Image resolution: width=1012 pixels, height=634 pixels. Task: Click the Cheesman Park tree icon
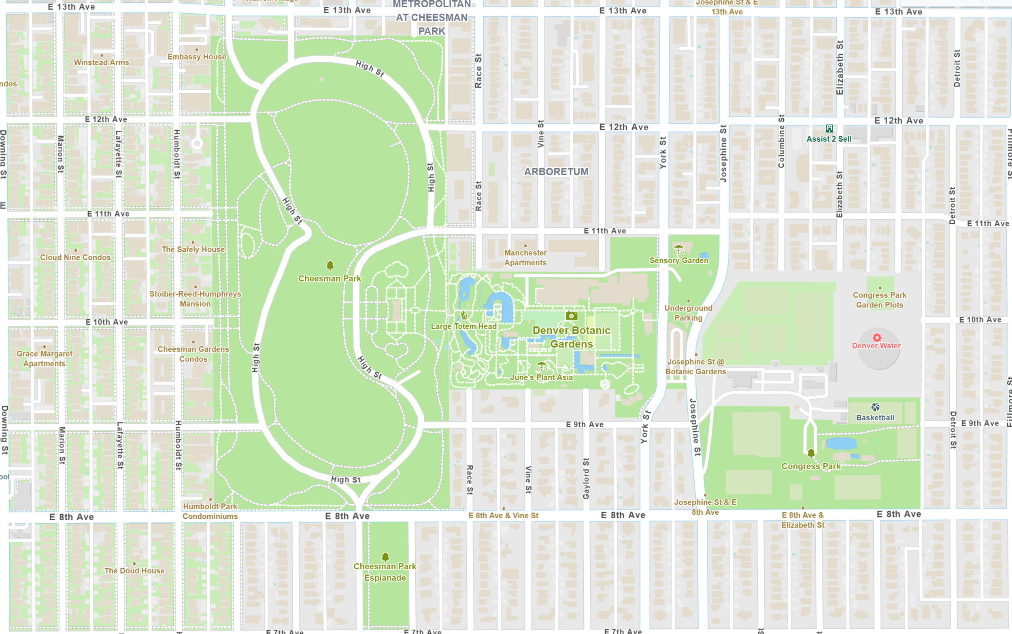(x=330, y=265)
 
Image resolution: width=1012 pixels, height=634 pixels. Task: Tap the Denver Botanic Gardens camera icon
(x=571, y=316)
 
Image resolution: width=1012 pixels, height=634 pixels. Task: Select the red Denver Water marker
(x=876, y=337)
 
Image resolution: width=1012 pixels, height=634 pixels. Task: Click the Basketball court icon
(x=875, y=407)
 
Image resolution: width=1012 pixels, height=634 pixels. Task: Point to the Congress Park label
(x=811, y=466)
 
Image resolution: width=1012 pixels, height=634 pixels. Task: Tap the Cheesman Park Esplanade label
(x=385, y=572)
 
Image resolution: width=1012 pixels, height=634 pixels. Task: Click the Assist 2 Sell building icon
(x=829, y=129)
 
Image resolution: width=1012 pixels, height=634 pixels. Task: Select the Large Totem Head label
(x=463, y=326)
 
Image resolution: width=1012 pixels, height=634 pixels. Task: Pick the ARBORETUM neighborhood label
(x=556, y=172)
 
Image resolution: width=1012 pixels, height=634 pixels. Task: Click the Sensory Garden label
(x=678, y=261)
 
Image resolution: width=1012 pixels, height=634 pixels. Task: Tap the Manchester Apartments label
(x=525, y=258)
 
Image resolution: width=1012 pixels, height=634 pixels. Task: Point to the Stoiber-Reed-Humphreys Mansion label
(x=196, y=299)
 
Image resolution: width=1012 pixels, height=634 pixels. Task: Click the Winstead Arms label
(x=102, y=62)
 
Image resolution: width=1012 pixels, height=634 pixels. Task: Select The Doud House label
(x=134, y=571)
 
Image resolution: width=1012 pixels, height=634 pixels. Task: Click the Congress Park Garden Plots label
(x=880, y=300)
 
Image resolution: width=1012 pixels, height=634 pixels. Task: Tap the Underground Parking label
(x=688, y=313)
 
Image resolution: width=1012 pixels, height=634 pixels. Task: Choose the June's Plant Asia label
(x=541, y=377)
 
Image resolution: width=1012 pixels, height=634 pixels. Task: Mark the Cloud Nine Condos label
(x=75, y=257)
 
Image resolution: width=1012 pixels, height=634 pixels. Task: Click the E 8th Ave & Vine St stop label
(x=503, y=515)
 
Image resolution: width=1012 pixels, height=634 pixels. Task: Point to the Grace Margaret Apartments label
(x=45, y=358)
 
